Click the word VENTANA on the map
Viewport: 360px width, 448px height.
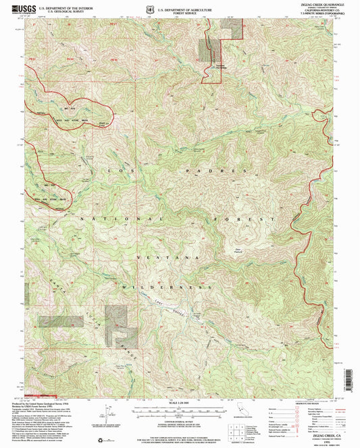point(168,258)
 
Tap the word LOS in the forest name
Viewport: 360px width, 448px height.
point(121,171)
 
